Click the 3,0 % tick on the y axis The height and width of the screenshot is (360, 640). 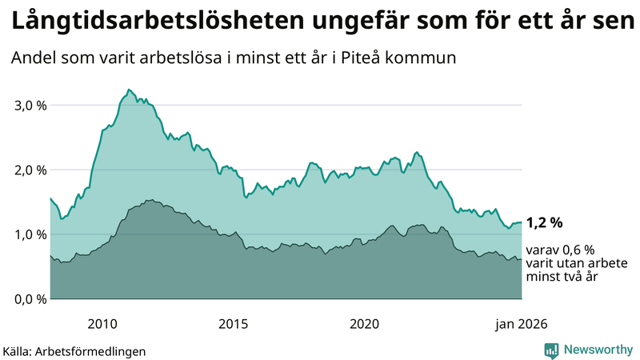pyautogui.click(x=29, y=106)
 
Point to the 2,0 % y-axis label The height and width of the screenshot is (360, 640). pyautogui.click(x=29, y=170)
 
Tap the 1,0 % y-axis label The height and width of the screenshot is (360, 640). pyautogui.click(x=29, y=234)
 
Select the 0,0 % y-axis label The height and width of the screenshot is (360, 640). pyautogui.click(x=29, y=299)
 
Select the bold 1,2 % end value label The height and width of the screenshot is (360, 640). pyautogui.click(x=546, y=223)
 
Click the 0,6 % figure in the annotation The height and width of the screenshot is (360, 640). pyautogui.click(x=578, y=250)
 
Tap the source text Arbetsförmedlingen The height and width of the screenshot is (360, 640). pyautogui.click(x=95, y=351)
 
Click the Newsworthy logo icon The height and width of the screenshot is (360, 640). pyautogui.click(x=551, y=350)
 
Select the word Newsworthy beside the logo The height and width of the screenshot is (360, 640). pyautogui.click(x=598, y=350)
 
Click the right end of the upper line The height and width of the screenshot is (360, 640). pyautogui.click(x=522, y=222)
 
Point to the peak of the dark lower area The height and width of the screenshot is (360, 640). pyautogui.click(x=150, y=200)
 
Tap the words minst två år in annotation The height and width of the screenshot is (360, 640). pyautogui.click(x=562, y=277)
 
